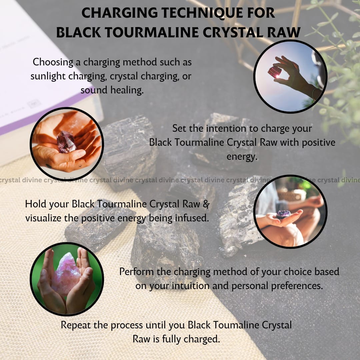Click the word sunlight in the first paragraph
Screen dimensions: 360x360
point(48,76)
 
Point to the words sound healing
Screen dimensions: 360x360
point(112,90)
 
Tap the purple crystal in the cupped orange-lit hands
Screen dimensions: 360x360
point(66,142)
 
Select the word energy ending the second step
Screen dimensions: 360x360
point(242,157)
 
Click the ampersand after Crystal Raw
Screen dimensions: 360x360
point(206,204)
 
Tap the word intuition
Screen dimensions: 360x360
point(191,286)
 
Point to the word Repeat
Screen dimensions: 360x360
point(76,325)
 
